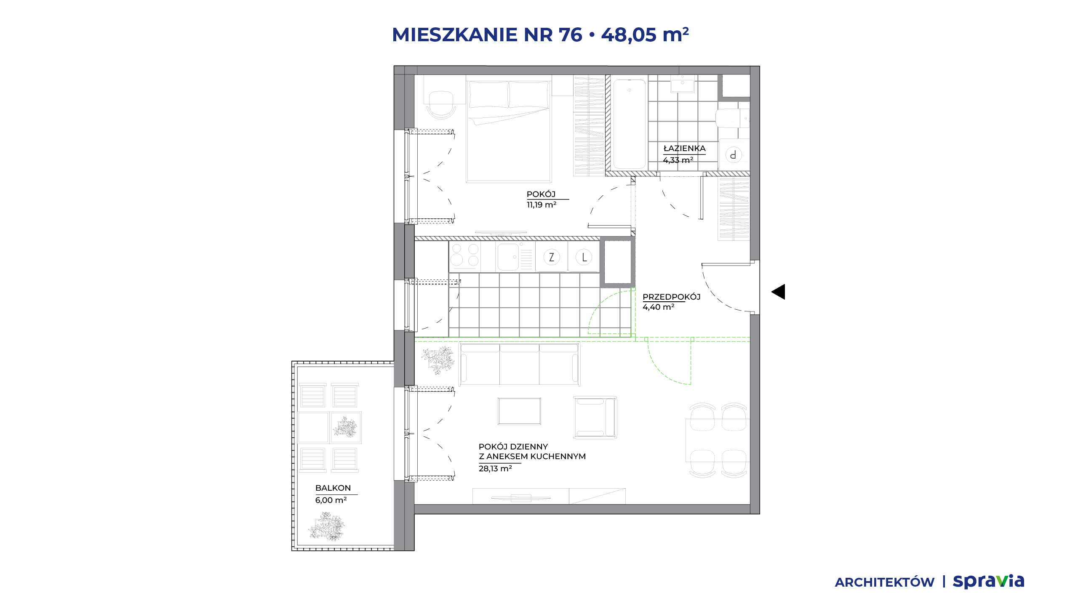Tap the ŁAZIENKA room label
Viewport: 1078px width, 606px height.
point(684,148)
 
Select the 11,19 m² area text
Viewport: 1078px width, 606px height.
point(542,205)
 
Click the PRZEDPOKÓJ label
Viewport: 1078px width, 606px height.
point(672,297)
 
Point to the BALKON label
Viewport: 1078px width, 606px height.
point(333,488)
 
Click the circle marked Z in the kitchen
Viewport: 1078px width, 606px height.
point(552,257)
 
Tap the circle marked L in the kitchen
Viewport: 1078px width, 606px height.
point(584,257)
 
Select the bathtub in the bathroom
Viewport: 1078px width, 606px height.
point(630,124)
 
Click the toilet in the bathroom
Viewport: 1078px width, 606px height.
point(732,118)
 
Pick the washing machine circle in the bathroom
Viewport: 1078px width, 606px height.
point(734,155)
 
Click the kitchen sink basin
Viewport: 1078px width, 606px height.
point(508,257)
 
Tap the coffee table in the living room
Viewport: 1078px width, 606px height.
point(519,411)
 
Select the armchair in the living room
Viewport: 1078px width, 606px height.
point(595,417)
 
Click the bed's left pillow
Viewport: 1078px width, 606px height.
point(488,95)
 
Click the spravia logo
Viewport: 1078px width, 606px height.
point(988,582)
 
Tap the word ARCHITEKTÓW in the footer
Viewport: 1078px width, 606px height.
point(885,582)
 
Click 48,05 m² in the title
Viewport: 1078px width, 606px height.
point(645,35)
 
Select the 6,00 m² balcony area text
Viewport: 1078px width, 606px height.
point(331,500)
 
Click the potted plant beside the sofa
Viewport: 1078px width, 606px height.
point(438,360)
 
